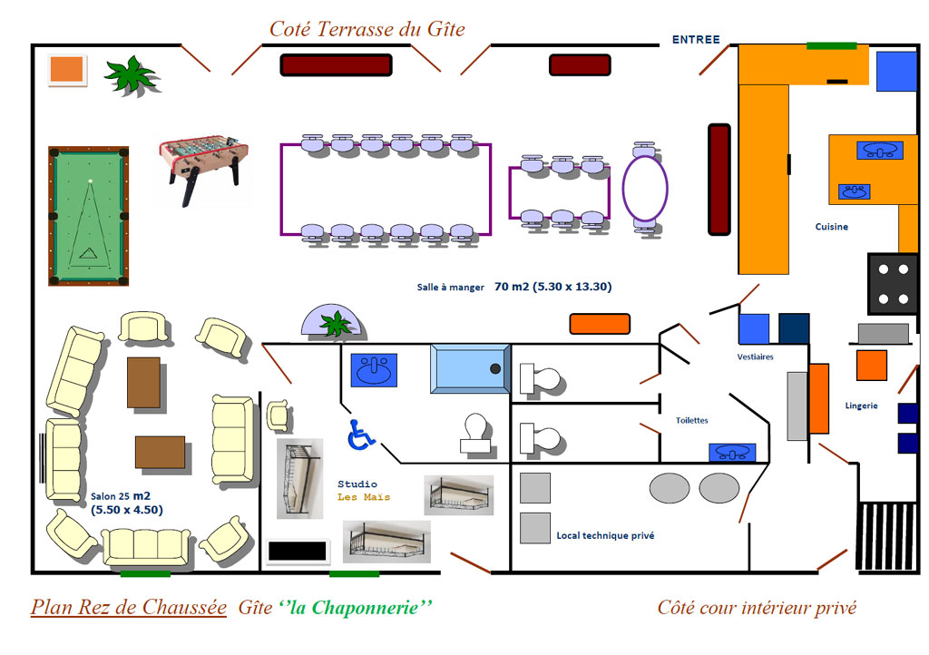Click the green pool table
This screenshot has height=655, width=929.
coord(88,216)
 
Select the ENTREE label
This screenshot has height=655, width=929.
coord(696,40)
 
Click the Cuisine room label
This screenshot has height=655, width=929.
coord(831,226)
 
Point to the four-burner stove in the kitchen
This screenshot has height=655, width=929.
coord(893,284)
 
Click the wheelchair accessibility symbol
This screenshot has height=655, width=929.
coord(361,435)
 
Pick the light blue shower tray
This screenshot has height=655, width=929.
coord(471,368)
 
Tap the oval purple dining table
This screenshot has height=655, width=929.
coord(645,188)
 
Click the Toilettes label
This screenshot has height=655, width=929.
coord(691,420)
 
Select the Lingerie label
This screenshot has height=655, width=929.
coord(861,406)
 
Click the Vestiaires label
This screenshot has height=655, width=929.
coord(755,357)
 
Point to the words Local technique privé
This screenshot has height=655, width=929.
coord(605,535)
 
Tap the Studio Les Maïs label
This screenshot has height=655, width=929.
coord(364,491)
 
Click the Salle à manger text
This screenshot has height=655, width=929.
coord(450,288)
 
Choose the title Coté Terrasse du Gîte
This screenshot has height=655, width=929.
coord(367,29)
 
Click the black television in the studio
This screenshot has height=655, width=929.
coord(297,552)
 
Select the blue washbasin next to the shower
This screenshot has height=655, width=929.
coord(374,370)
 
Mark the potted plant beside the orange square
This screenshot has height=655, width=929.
coord(132,76)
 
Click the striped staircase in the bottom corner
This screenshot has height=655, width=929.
coord(886,536)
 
